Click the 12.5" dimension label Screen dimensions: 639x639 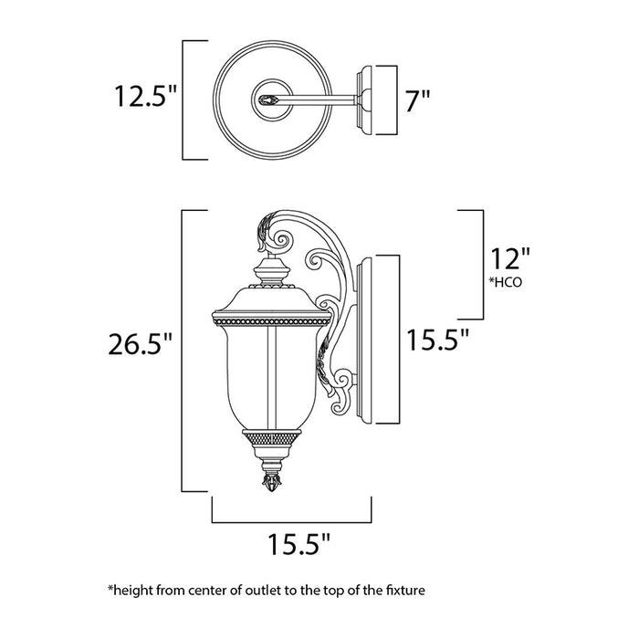[141, 95]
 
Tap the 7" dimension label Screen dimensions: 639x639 [419, 100]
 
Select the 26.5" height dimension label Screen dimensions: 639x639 [141, 344]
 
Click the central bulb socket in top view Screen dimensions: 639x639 [268, 100]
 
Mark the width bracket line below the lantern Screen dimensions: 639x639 [293, 520]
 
